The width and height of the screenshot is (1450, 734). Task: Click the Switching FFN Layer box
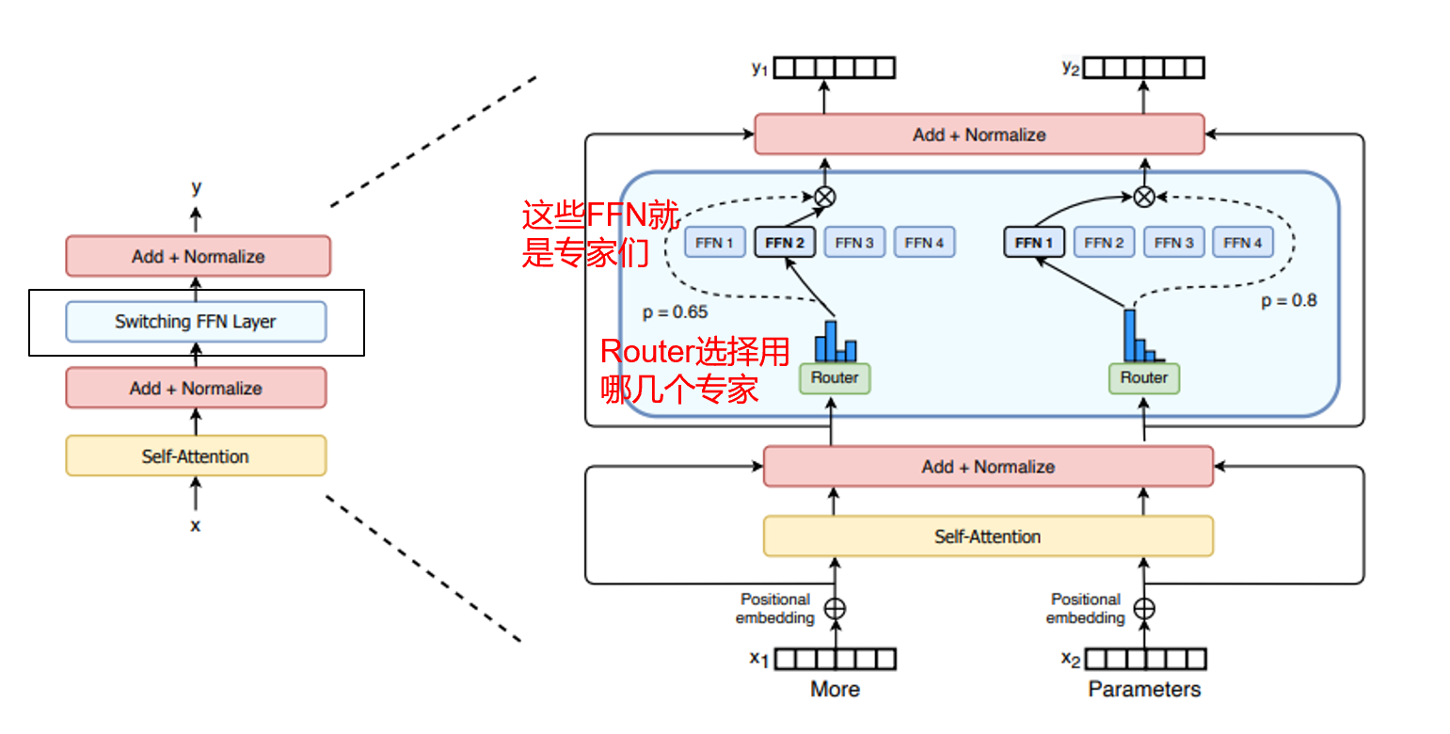(196, 322)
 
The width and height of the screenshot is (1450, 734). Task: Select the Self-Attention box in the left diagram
(196, 456)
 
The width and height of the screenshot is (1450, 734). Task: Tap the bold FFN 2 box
(784, 243)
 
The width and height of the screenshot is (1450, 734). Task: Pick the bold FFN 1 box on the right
(1034, 243)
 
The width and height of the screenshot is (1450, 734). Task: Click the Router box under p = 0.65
(835, 378)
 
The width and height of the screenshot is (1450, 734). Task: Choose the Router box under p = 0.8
(1144, 378)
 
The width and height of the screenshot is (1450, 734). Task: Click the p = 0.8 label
(1288, 301)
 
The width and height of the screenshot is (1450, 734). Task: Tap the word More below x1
(835, 690)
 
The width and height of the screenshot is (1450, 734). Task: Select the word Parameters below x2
(1144, 690)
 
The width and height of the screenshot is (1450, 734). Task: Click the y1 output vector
(834, 68)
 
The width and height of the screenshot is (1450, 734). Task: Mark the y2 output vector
(1143, 68)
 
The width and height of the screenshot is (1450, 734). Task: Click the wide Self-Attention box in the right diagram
(987, 536)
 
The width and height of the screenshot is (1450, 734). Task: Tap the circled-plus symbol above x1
(835, 609)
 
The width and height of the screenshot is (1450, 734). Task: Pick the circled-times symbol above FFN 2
(824, 197)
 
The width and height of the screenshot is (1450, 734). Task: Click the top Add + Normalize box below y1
(979, 135)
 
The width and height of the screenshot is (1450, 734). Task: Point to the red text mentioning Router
(694, 371)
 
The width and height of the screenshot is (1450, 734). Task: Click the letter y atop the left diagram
(196, 187)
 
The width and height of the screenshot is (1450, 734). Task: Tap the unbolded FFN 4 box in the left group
(924, 243)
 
